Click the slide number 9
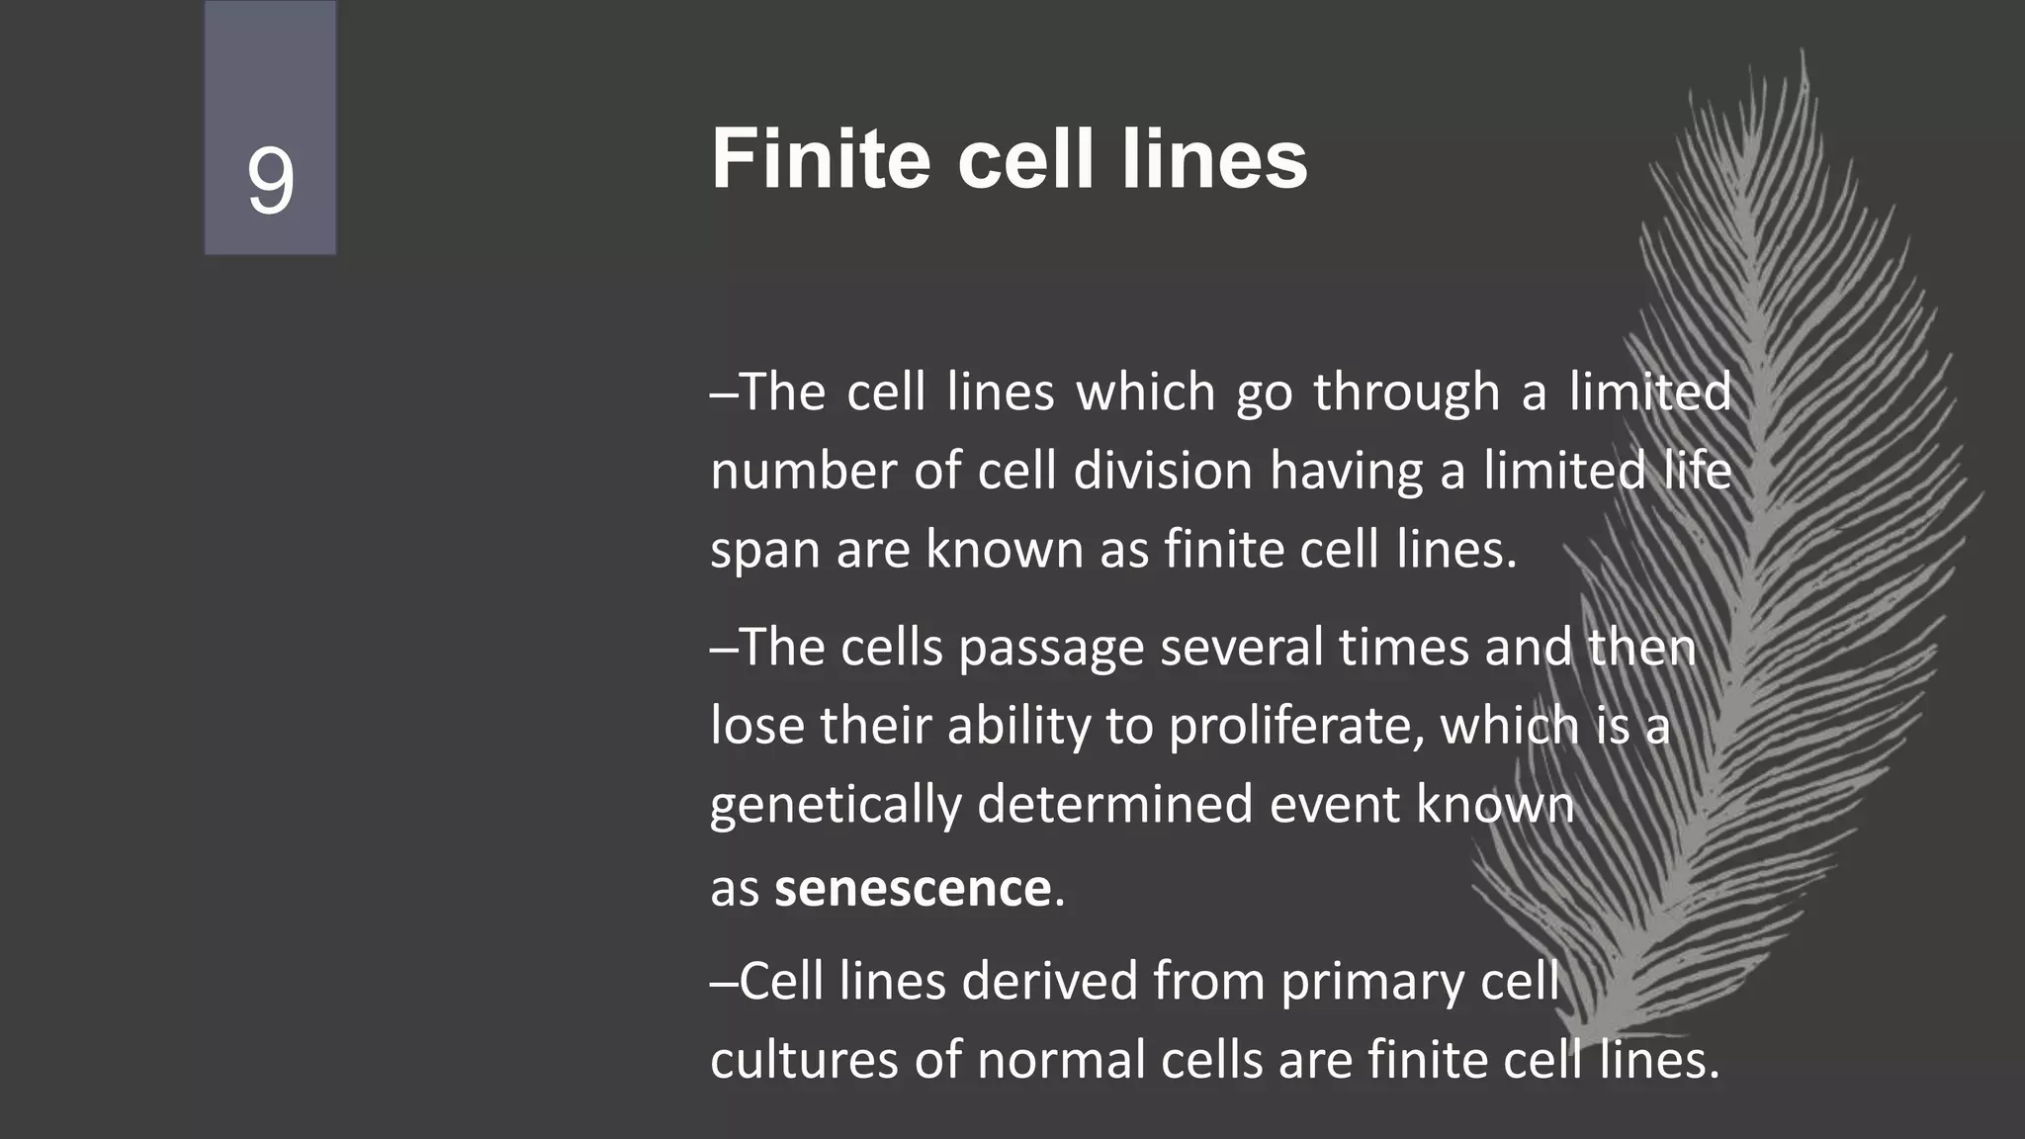click(270, 181)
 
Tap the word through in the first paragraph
click(1406, 393)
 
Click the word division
click(1163, 471)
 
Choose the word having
click(1346, 471)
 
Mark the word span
click(764, 550)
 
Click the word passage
click(1050, 649)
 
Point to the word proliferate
click(1296, 727)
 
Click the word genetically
click(835, 805)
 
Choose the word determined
click(1114, 805)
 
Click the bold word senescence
click(912, 888)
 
